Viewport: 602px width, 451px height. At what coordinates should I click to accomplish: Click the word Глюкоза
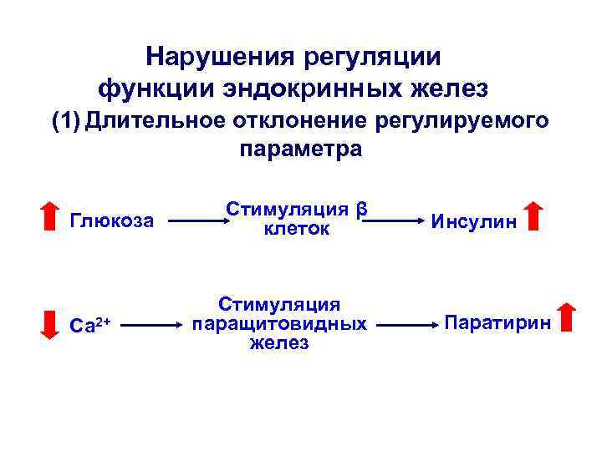tap(114, 221)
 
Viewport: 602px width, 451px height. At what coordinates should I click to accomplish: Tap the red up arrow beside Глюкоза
tap(50, 215)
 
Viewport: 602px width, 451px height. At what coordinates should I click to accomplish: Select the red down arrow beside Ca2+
tap(50, 322)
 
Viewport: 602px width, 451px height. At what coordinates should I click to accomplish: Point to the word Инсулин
tap(473, 221)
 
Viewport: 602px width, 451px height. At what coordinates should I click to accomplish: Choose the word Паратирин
tap(498, 322)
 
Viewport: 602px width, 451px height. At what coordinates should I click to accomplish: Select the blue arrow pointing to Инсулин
tap(395, 222)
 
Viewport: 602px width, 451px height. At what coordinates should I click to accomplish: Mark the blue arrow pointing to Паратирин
tap(410, 322)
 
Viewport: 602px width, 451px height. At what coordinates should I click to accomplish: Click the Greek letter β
tap(362, 208)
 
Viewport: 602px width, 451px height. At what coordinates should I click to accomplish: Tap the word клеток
tap(297, 228)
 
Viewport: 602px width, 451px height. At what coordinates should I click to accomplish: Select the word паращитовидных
tap(279, 322)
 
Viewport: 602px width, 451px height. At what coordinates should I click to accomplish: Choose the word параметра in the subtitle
tap(301, 149)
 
